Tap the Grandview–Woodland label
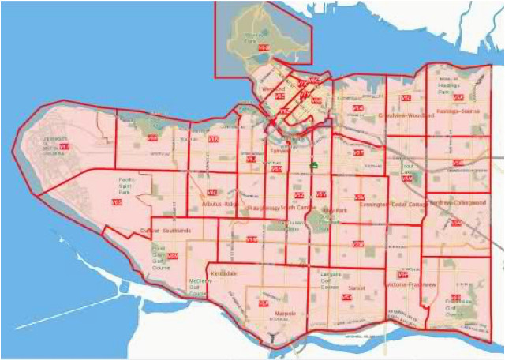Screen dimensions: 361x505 (406, 115)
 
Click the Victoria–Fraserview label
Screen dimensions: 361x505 (407, 284)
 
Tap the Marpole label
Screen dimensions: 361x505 (284, 314)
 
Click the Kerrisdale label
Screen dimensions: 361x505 (223, 273)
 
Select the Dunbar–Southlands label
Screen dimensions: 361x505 (165, 230)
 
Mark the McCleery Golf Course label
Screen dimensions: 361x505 (197, 285)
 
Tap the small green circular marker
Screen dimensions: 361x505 (313, 166)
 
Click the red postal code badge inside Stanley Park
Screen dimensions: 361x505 (263, 48)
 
